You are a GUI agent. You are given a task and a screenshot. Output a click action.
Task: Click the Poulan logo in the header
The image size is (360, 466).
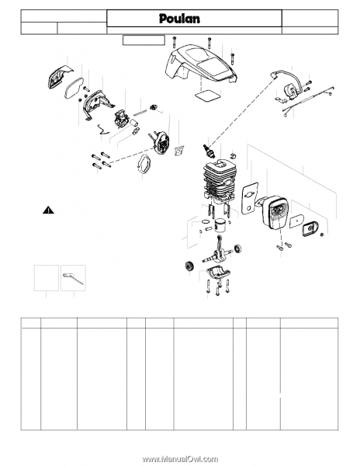point(179,19)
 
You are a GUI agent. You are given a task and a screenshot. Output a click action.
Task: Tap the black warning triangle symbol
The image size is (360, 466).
point(48,210)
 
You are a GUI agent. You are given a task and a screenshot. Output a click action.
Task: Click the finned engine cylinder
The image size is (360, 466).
point(220,183)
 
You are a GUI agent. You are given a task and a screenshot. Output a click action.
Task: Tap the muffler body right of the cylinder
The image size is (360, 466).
point(273,211)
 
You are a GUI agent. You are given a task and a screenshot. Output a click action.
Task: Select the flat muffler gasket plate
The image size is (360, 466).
point(250,198)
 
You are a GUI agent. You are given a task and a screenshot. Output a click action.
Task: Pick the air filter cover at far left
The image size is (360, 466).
point(60,77)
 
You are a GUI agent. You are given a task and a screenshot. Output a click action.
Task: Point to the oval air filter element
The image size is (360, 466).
point(74,88)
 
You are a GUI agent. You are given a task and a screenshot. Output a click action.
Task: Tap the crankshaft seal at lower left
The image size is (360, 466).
point(189,265)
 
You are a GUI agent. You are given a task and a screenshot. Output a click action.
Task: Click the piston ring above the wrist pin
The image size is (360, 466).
point(206,221)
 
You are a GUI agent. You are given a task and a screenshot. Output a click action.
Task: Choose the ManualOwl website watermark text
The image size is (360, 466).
point(180,459)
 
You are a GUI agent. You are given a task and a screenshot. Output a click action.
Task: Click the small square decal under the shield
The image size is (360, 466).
point(208,96)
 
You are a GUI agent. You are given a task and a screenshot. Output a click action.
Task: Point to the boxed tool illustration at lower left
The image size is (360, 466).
point(73,278)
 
